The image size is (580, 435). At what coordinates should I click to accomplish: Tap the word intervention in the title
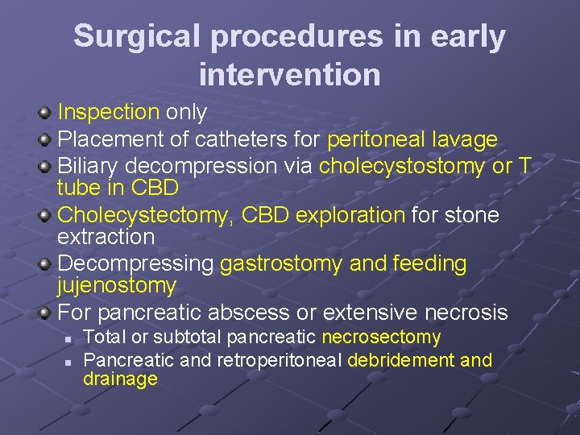(x=289, y=75)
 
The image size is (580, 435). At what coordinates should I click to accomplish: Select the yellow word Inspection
(x=109, y=113)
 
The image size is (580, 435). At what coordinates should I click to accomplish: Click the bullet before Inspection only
(x=46, y=113)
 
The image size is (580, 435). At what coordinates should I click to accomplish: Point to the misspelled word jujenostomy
(x=116, y=286)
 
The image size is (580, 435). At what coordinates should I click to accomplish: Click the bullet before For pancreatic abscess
(x=46, y=313)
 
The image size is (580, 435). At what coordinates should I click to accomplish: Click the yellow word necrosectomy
(x=381, y=338)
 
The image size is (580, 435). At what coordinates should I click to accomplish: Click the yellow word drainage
(x=120, y=379)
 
